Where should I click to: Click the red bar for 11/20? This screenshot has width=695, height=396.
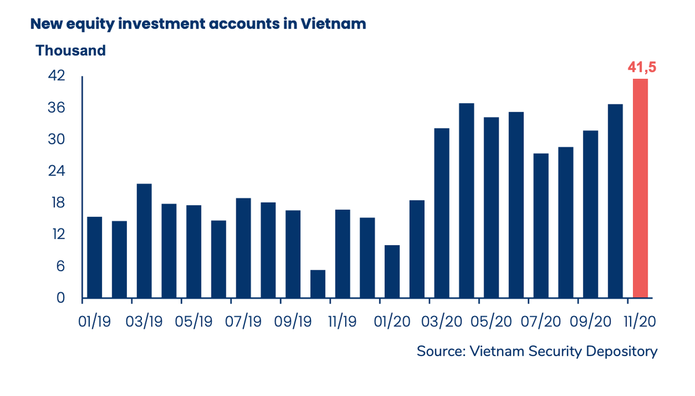(x=640, y=188)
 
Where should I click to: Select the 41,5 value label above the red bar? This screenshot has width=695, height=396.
(x=642, y=67)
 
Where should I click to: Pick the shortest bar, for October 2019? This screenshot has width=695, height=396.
(x=318, y=284)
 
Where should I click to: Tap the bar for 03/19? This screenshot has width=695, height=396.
(x=144, y=241)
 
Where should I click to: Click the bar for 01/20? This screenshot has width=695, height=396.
(x=392, y=271)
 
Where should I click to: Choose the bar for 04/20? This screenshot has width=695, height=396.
(x=467, y=201)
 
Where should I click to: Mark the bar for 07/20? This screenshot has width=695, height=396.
(x=541, y=226)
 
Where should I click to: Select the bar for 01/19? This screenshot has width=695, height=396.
(x=94, y=257)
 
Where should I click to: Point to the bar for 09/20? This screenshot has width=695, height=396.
(x=591, y=215)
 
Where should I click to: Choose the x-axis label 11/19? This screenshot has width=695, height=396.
(x=342, y=321)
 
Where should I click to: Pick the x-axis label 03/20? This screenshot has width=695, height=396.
(x=442, y=321)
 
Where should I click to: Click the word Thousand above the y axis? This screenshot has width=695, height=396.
(x=71, y=50)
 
